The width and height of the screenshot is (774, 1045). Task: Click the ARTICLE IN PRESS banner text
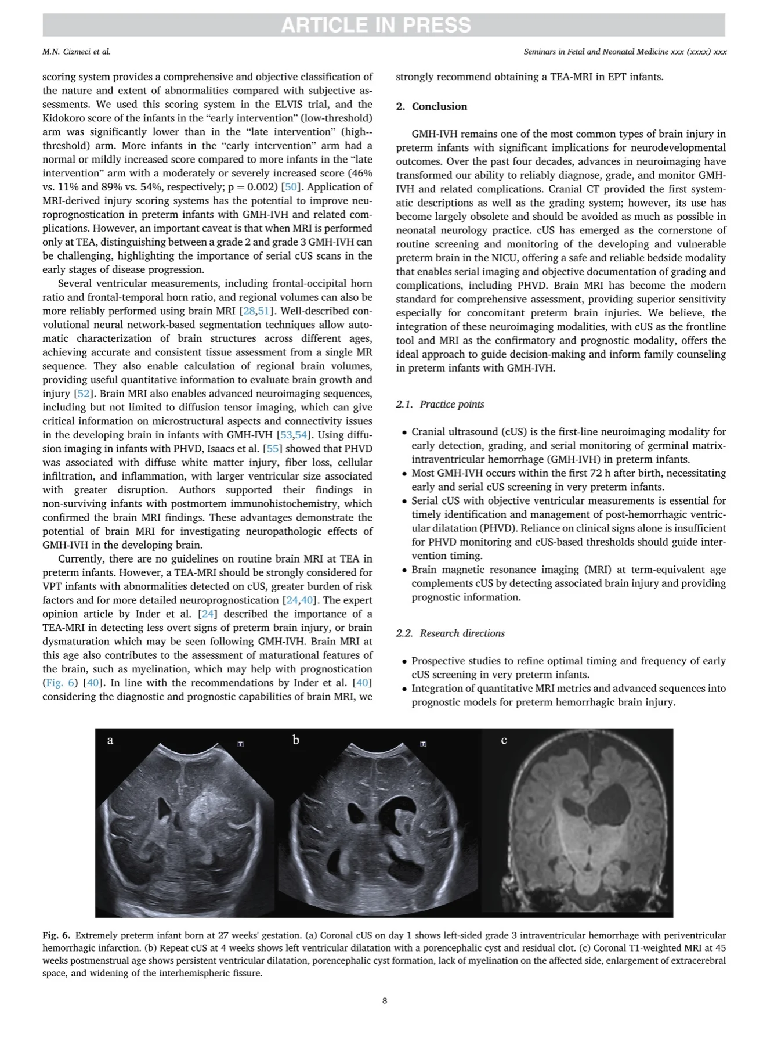click(376, 26)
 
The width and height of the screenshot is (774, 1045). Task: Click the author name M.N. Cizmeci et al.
click(76, 52)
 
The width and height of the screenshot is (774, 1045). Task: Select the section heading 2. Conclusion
click(432, 106)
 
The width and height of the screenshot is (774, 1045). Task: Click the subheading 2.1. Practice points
click(440, 404)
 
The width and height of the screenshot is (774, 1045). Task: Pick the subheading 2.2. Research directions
click(450, 633)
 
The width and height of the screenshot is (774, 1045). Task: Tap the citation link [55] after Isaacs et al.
click(272, 449)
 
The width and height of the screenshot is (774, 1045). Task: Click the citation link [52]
click(84, 394)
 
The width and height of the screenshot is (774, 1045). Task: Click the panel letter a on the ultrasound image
click(110, 740)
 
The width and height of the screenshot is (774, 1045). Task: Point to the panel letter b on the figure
click(296, 740)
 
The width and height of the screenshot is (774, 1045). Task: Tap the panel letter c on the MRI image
click(504, 740)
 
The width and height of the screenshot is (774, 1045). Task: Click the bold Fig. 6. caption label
click(56, 935)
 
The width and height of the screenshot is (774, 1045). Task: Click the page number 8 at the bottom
click(385, 1000)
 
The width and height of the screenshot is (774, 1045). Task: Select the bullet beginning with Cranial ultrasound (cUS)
click(569, 445)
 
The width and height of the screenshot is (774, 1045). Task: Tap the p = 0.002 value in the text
click(251, 187)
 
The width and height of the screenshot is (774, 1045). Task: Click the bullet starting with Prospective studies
click(569, 668)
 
